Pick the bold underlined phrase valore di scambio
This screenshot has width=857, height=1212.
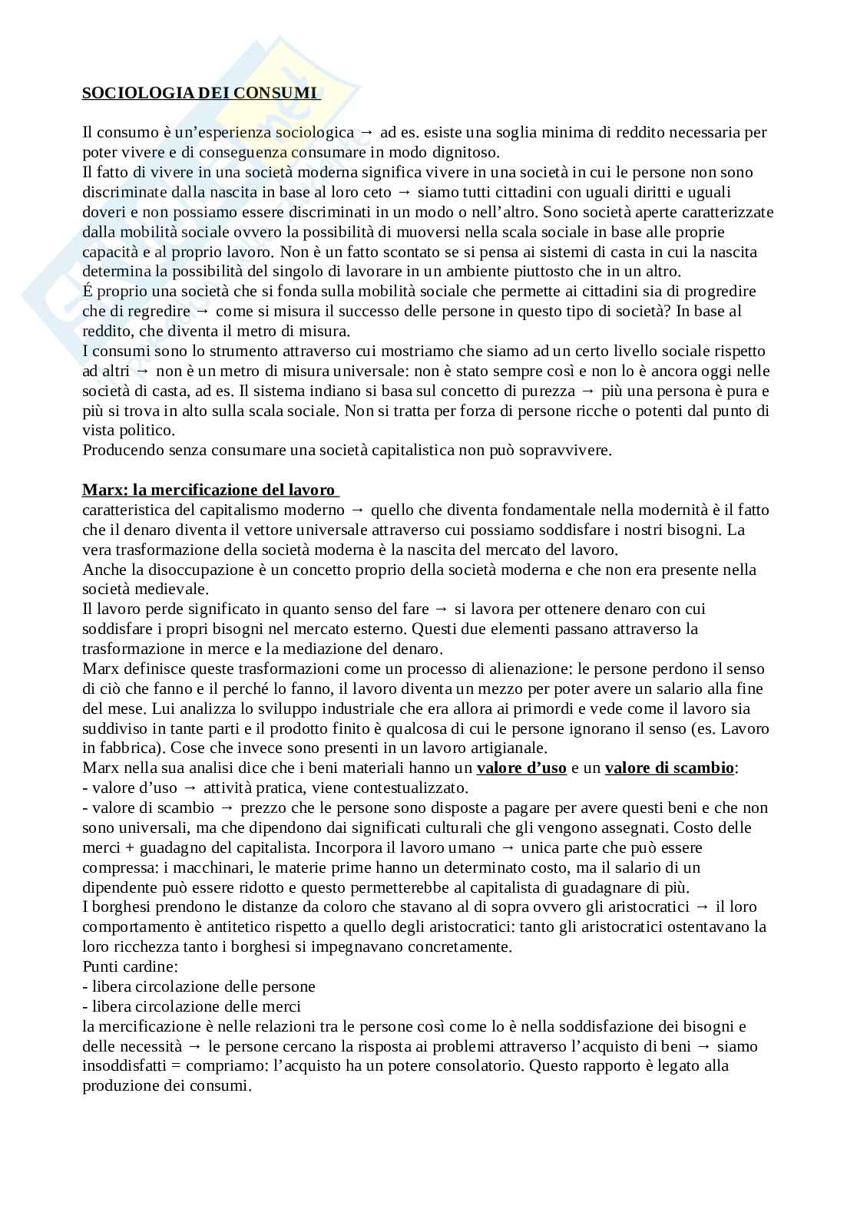tap(669, 768)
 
